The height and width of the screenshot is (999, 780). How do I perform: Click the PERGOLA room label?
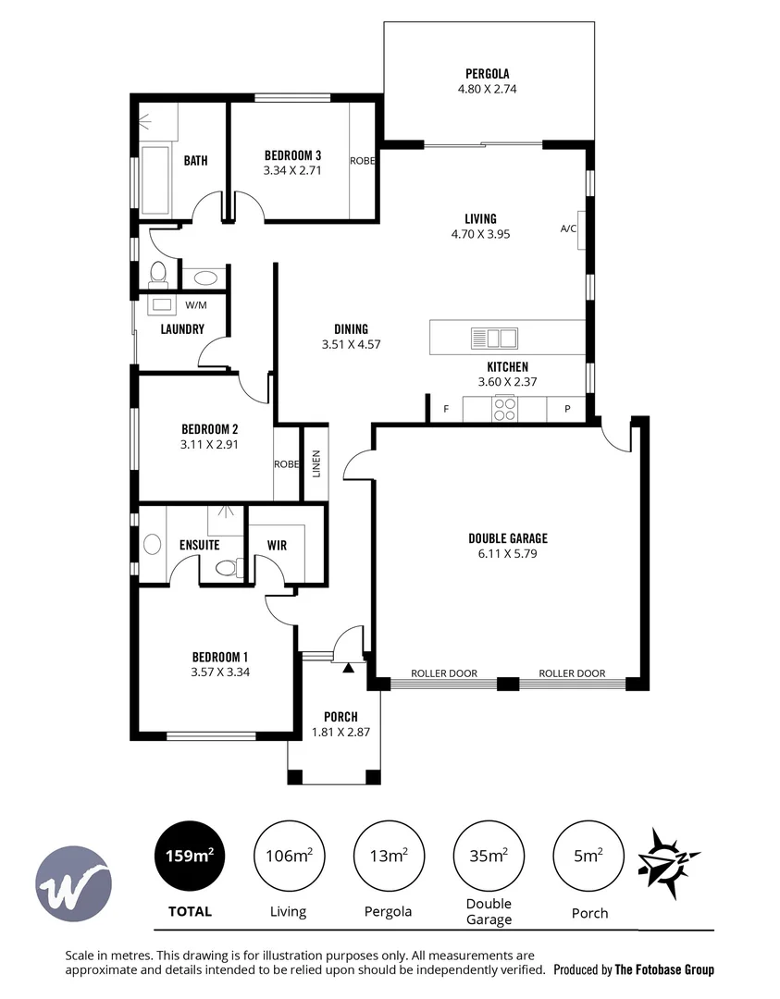488,73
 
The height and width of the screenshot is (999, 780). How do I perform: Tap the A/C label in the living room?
568,228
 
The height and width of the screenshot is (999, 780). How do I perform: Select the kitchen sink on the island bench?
494,337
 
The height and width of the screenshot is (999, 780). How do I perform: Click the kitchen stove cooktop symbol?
504,409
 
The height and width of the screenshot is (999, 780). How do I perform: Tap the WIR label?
276,545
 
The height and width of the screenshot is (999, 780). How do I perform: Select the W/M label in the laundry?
196,304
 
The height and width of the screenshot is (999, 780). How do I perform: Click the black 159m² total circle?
189,856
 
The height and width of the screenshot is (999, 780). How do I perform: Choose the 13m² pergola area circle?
387,856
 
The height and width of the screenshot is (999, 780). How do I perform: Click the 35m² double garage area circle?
488,856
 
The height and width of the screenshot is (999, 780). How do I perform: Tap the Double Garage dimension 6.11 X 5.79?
508,554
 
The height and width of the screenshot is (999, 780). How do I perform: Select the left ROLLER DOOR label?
444,673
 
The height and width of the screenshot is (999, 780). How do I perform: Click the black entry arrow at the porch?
348,666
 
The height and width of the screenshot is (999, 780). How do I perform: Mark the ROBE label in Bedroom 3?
362,160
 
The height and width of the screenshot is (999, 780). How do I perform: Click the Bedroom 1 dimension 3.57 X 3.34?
220,672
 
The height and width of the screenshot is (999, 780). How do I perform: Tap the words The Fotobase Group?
665,969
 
